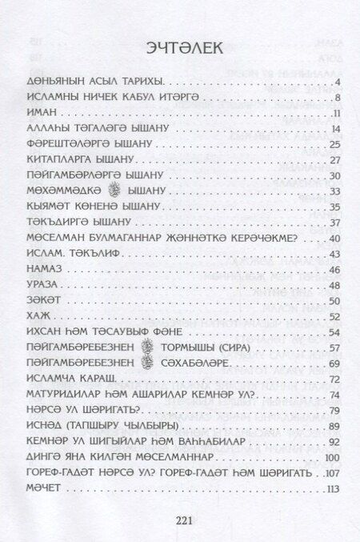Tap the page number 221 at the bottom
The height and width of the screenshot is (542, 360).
tap(180, 520)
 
